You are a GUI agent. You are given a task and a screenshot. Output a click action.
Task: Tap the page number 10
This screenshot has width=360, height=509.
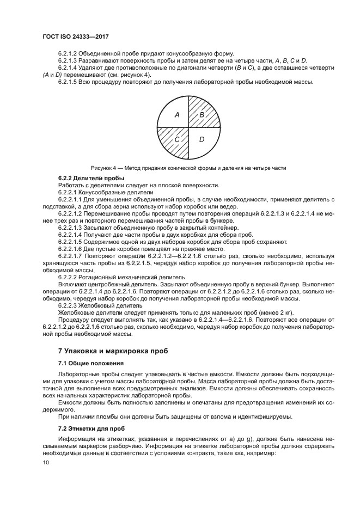[x=46, y=462]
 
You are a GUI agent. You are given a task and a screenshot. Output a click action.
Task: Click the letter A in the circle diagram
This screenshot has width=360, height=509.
[x=176, y=115]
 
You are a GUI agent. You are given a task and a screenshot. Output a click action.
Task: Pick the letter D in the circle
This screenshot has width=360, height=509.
[x=202, y=140]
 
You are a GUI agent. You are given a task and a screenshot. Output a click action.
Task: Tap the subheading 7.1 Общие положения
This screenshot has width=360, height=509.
[x=90, y=363]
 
